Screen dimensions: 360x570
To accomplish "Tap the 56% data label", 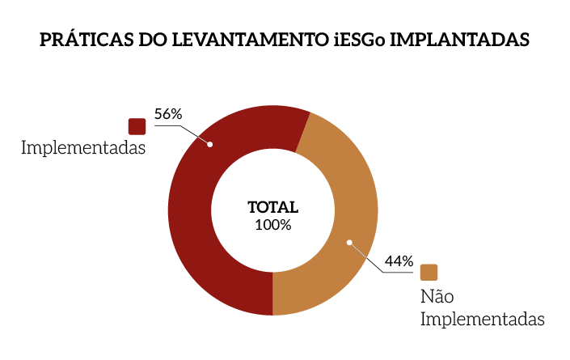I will (168, 114).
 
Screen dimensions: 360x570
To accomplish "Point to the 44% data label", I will (399, 261).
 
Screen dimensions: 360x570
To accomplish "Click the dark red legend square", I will (137, 126).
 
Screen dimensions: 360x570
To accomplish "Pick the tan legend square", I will (429, 273).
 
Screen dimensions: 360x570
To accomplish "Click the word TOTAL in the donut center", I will (272, 207).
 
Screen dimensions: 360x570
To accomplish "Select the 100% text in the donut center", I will (272, 224).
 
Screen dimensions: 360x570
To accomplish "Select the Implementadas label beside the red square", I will (83, 149).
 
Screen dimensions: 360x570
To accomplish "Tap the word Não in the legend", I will (437, 296).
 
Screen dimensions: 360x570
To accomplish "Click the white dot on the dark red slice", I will (210, 145).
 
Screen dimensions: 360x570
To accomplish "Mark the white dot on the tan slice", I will (349, 241).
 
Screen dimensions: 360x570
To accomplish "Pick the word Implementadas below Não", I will (482, 319).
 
